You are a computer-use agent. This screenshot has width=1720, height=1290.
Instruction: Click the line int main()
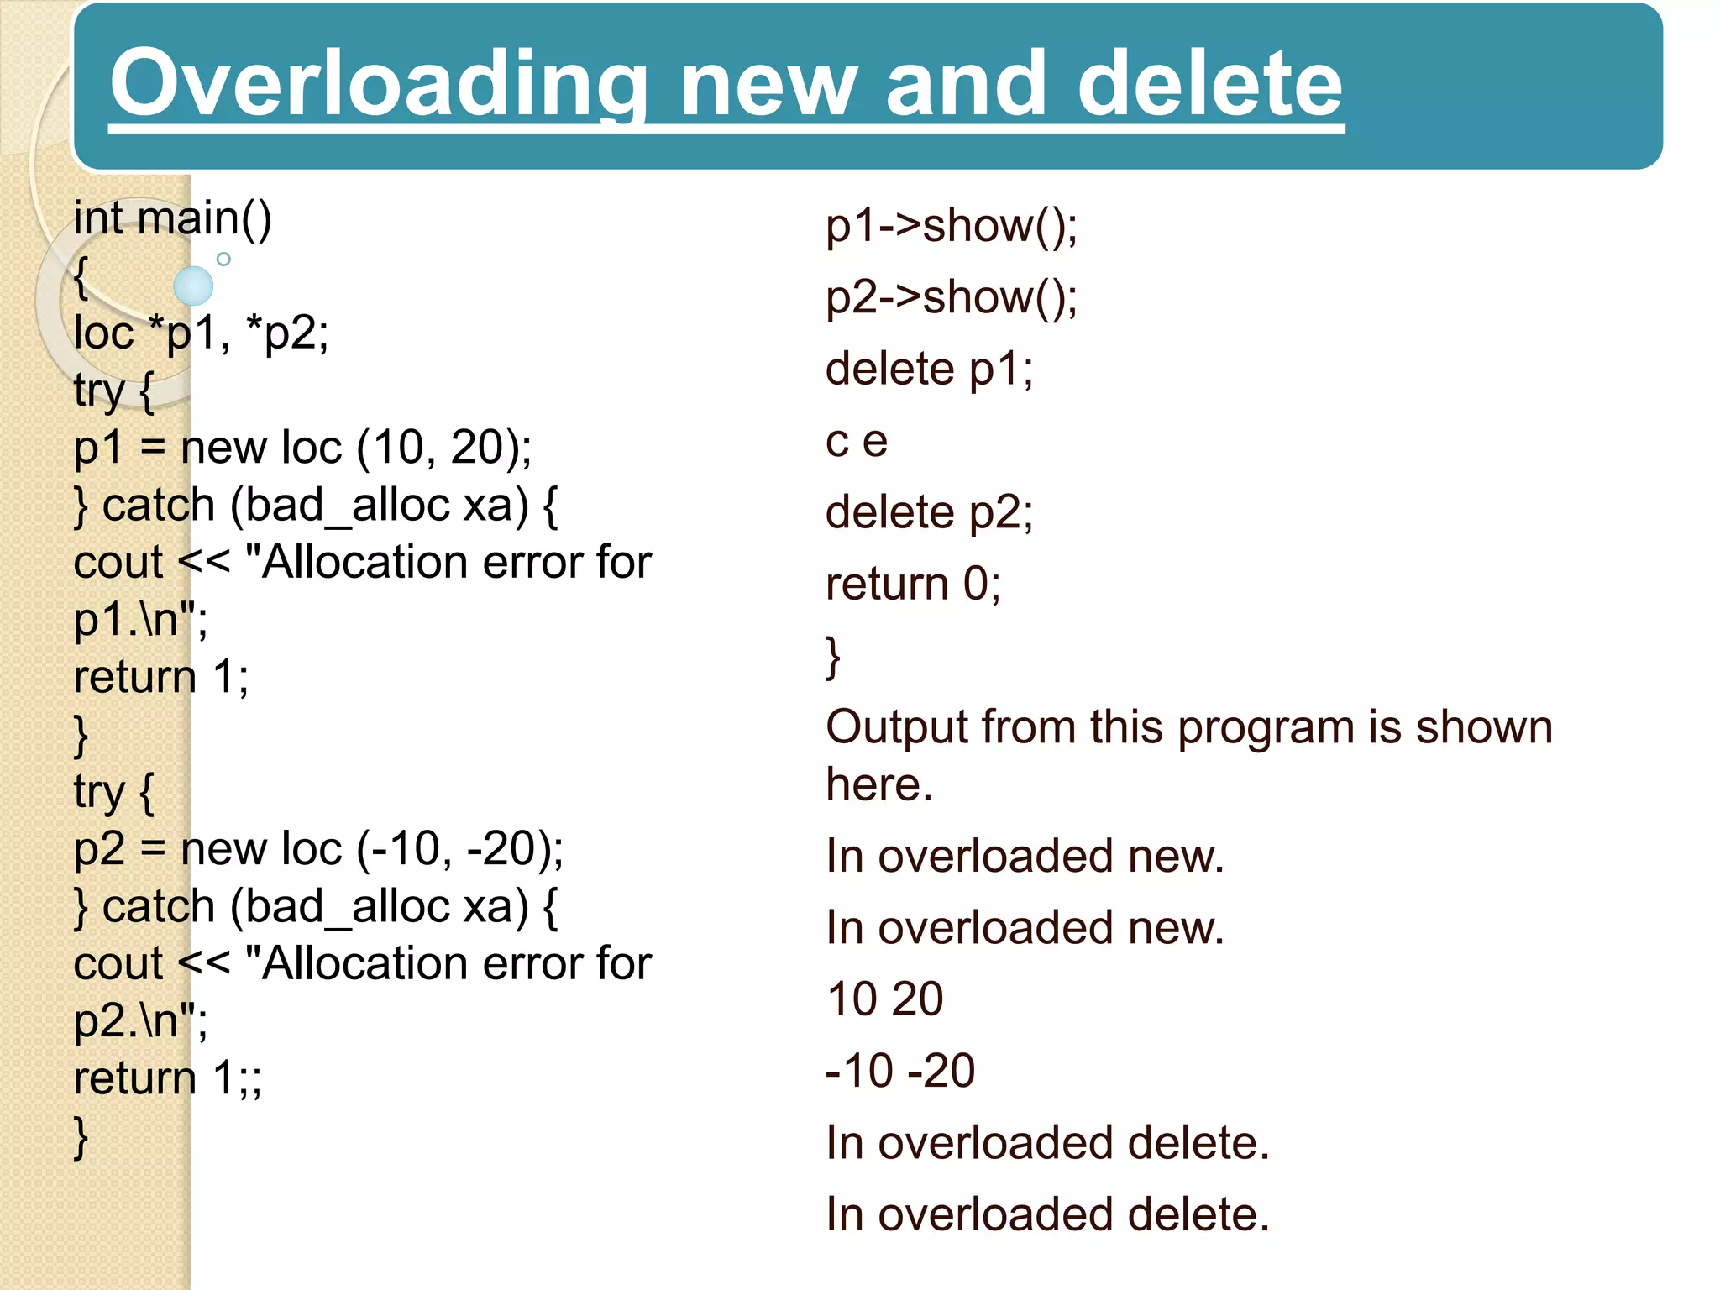tap(172, 218)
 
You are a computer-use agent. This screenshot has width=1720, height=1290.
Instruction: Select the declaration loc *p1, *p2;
tap(201, 333)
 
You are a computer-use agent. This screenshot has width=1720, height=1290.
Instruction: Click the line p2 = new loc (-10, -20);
tap(318, 849)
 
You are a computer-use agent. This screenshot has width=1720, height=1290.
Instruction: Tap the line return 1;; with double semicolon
tap(167, 1078)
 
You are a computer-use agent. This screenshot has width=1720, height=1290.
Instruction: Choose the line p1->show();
tap(951, 227)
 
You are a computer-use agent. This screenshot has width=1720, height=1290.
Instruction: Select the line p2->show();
tap(951, 298)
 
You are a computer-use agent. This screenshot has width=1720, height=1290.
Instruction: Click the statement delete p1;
tap(929, 370)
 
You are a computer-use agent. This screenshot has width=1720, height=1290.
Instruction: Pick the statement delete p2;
tap(929, 513)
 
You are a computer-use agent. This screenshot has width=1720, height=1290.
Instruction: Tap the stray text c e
tap(856, 442)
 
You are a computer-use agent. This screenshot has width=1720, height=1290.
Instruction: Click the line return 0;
tap(913, 585)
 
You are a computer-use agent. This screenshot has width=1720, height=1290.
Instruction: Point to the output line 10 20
tap(884, 999)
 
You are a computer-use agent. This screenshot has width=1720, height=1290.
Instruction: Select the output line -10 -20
tap(899, 1071)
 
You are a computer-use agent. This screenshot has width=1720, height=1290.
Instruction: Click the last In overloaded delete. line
tap(1046, 1214)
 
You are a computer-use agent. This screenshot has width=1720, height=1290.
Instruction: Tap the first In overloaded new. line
tap(1025, 857)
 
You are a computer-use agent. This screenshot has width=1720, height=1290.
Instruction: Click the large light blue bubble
tap(193, 286)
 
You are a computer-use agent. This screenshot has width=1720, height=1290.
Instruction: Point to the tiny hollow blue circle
tap(223, 260)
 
